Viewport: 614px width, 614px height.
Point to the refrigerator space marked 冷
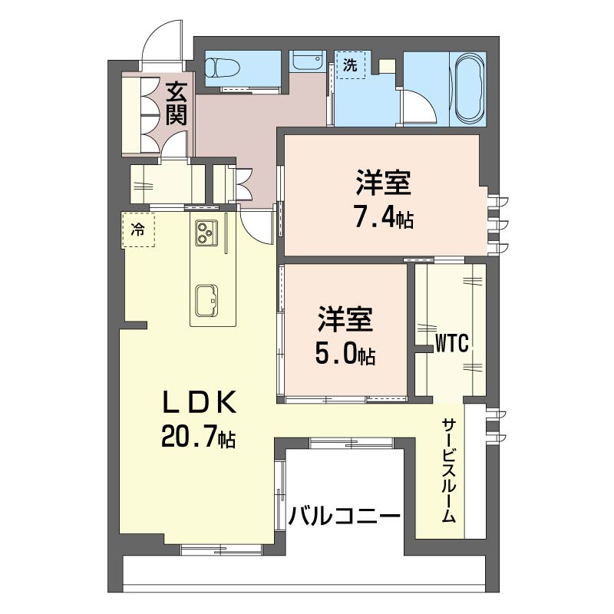coord(138,229)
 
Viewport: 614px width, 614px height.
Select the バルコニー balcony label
coord(345,516)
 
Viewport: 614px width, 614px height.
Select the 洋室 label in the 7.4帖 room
coord(382,184)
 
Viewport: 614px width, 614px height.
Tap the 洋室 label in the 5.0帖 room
coord(345,320)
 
